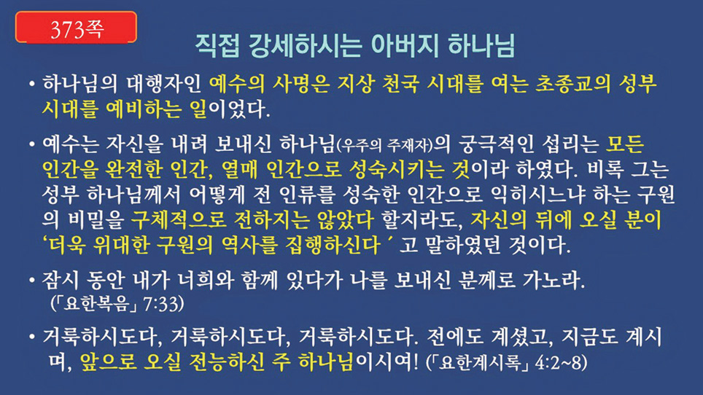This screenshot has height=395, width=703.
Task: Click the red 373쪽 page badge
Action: (77, 27)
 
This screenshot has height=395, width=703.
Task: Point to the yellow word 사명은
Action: (302, 84)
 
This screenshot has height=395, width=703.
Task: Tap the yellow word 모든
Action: (625, 144)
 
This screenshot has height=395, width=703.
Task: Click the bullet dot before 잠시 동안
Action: (32, 281)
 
